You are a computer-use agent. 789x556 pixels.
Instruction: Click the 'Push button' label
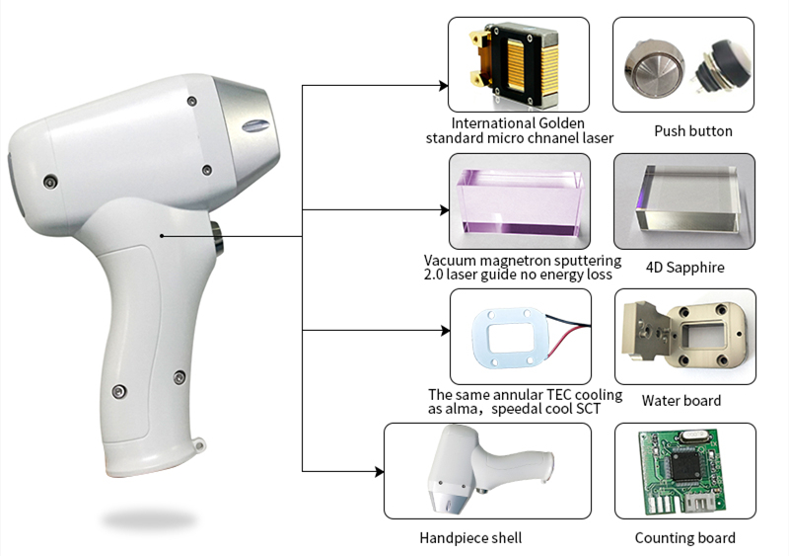(x=692, y=131)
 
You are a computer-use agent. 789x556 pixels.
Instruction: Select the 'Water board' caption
(x=681, y=401)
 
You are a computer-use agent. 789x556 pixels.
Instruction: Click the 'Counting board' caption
(x=684, y=538)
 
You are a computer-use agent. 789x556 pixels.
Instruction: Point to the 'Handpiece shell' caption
(x=470, y=538)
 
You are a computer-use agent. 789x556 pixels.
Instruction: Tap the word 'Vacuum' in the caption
(x=450, y=261)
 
